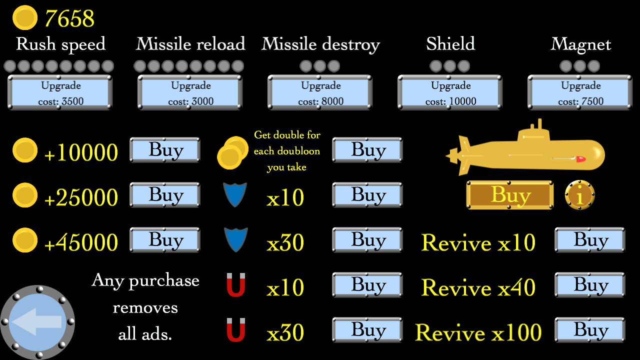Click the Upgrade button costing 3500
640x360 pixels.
tap(60, 92)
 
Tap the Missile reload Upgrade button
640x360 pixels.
tap(190, 92)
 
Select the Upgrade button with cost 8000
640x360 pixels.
tap(320, 92)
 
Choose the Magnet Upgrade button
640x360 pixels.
tap(580, 92)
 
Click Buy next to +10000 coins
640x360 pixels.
tap(165, 150)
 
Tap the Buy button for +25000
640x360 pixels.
tap(165, 195)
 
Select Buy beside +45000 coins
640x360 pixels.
tap(165, 240)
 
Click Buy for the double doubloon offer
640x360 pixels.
tap(367, 150)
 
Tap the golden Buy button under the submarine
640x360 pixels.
tap(510, 195)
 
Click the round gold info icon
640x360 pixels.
tap(580, 195)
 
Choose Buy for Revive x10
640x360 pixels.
tap(590, 240)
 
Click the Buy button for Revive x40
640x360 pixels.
tap(590, 285)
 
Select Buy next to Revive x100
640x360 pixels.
tap(590, 330)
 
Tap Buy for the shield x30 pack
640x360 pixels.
tap(367, 240)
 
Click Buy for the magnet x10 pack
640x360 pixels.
tap(367, 285)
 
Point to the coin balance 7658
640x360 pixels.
tap(69, 18)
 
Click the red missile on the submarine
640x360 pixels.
tap(580, 159)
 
